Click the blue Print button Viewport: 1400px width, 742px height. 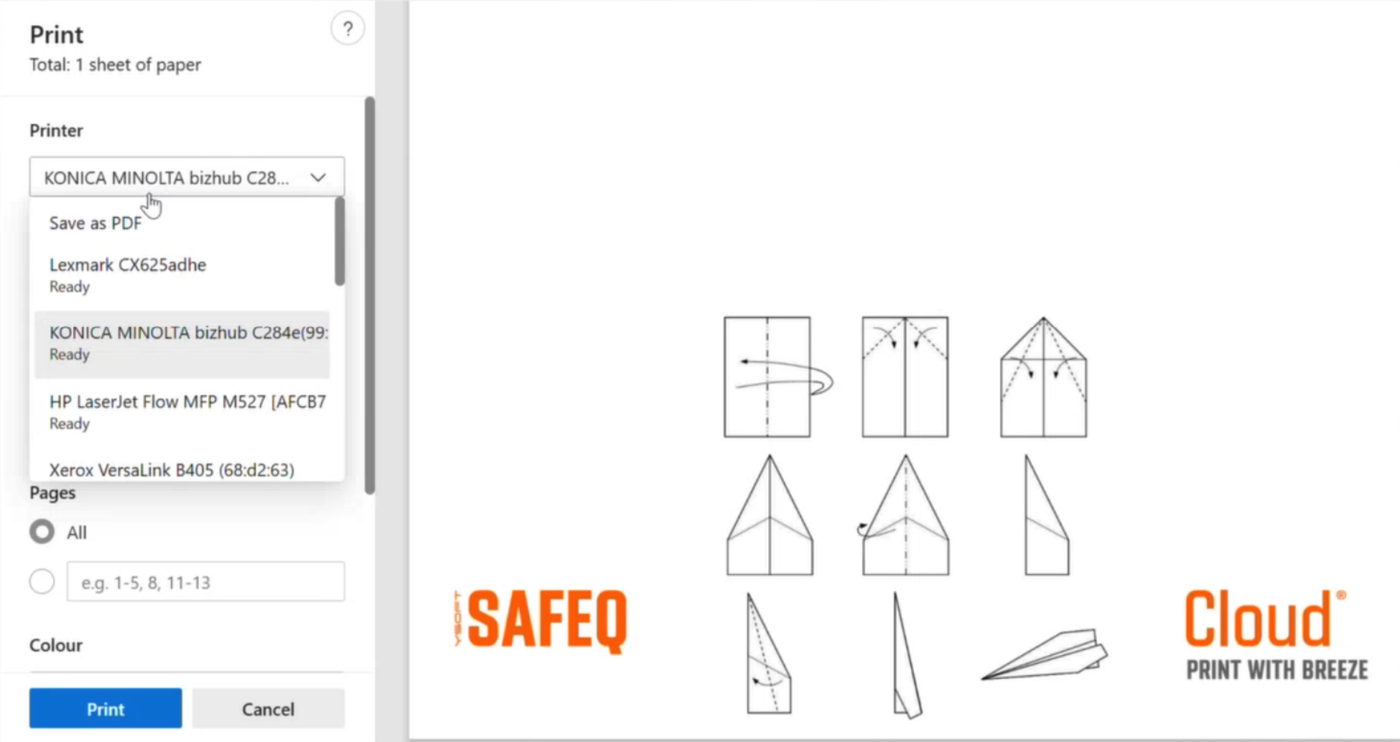106,708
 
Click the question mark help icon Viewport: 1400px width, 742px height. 347,29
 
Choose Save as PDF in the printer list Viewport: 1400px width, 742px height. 95,223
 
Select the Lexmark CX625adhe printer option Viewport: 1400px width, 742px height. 128,275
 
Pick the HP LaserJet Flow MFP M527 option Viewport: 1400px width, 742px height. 187,411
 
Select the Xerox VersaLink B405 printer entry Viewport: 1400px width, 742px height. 172,470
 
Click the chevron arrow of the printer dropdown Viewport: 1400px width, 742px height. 318,177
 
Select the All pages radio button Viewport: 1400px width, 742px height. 42,532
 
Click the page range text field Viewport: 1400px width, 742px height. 205,581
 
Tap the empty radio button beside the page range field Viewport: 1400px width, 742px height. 42,581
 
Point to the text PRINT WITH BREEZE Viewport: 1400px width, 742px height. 1277,670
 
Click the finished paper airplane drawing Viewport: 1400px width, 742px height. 1045,654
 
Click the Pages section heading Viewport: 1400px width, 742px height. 52,493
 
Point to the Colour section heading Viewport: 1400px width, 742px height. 56,645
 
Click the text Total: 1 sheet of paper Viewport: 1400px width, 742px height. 115,65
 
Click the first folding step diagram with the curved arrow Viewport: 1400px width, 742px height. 778,377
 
